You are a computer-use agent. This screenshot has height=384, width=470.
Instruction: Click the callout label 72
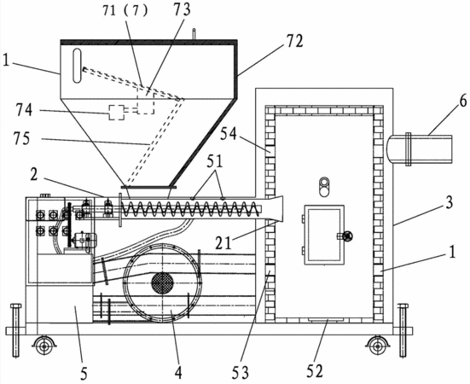293,42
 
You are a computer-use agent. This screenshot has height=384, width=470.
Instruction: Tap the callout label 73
181,9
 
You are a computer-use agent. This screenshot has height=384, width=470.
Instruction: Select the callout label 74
24,110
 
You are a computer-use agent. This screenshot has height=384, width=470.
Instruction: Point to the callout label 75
21,139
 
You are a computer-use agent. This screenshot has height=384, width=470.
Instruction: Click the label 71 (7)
125,11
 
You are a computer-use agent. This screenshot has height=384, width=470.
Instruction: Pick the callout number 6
463,102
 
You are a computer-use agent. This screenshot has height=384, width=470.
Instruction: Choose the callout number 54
229,134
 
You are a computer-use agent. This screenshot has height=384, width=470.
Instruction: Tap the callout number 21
223,243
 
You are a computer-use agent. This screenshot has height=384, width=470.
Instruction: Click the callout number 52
315,371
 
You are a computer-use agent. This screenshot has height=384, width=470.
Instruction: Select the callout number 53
240,373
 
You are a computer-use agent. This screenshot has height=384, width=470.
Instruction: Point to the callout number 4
178,373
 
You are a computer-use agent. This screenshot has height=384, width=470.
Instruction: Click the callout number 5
84,374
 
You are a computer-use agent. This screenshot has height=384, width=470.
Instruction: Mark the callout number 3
449,203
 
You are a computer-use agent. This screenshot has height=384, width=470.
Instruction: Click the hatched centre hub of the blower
162,282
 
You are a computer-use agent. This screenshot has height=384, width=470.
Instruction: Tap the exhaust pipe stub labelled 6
420,149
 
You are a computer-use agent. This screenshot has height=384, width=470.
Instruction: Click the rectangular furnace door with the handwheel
324,235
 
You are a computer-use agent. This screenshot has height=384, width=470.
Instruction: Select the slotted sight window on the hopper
77,66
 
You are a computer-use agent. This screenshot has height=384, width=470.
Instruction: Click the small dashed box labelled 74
116,113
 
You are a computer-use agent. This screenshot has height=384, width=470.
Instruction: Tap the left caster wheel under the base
44,346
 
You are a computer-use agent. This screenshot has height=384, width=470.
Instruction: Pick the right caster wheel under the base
377,346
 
